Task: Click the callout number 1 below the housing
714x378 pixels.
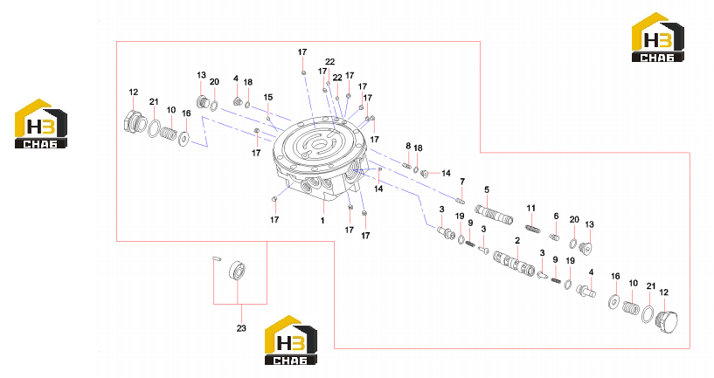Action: click(322, 221)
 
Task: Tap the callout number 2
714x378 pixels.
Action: click(517, 241)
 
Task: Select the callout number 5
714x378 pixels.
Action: click(487, 189)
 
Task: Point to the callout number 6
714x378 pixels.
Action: click(556, 216)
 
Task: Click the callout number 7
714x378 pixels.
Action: click(462, 182)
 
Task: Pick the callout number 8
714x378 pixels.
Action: click(408, 146)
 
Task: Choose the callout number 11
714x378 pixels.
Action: click(531, 209)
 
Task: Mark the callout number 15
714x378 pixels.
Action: click(268, 97)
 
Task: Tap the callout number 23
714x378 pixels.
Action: click(241, 328)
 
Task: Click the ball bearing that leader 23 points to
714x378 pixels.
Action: click(238, 271)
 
